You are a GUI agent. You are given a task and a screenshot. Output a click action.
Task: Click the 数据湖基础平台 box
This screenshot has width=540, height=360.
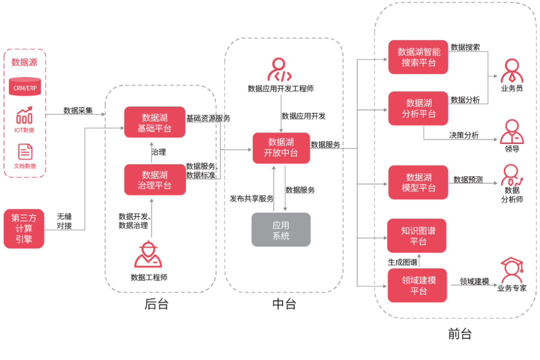point(154,122)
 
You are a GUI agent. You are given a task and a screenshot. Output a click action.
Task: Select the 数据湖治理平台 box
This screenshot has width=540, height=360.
point(154,179)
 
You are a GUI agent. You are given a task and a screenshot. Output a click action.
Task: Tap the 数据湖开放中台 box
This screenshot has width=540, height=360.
point(281,148)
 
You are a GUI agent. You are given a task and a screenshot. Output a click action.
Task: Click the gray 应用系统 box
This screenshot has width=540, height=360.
point(281,230)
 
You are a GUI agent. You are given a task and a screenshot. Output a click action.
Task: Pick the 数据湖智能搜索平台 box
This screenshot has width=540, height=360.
point(418,57)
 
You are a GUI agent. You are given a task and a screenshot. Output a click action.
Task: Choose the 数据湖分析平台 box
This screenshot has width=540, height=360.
point(418,108)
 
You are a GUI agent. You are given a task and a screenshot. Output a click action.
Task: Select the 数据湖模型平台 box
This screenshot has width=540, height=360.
point(418,182)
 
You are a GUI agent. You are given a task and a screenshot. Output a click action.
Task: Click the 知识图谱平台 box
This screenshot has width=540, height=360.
point(417,235)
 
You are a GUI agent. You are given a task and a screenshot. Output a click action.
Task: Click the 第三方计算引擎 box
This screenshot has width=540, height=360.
point(23,228)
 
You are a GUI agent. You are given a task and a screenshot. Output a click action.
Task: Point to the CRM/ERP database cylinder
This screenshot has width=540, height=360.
point(24,87)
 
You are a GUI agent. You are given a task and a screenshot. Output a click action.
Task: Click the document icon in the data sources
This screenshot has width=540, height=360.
point(25,152)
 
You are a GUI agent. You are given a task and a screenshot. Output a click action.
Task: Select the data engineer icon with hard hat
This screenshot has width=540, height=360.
point(148,254)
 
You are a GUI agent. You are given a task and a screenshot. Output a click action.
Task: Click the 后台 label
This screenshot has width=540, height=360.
point(156,304)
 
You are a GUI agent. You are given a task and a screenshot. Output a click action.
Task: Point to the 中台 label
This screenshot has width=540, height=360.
point(284,304)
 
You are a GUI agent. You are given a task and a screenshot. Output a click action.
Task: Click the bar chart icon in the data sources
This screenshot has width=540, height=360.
point(24,116)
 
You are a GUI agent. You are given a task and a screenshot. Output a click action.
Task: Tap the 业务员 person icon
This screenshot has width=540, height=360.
point(511,71)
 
